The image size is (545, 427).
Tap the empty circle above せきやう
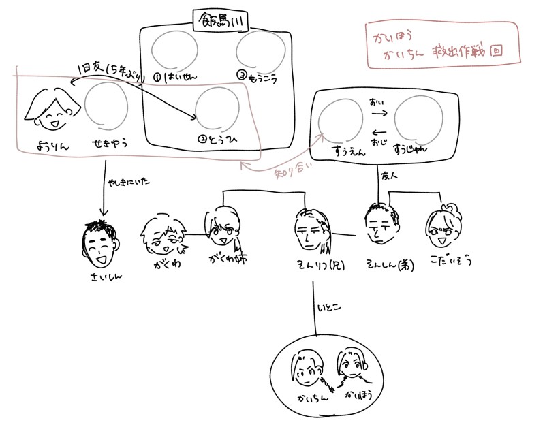107,108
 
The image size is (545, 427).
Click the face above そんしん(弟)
379,225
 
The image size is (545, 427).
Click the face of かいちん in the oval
307,368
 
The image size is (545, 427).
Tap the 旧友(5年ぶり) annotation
109,72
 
